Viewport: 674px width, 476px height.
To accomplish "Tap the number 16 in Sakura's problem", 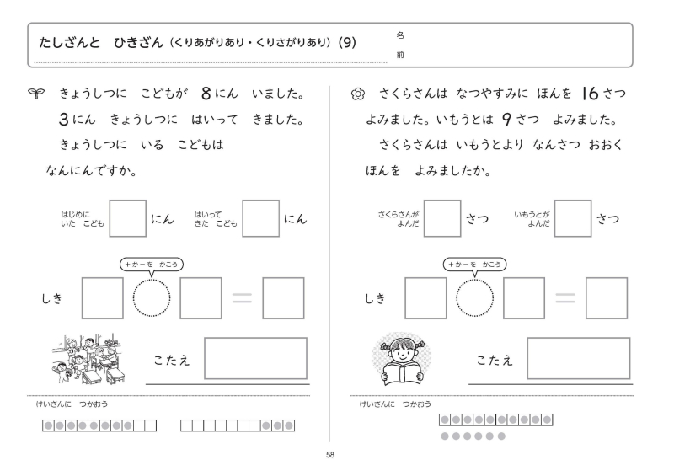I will [x=584, y=90].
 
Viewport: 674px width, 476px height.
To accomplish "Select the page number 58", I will [x=331, y=456].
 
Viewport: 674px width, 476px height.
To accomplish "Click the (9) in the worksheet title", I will [x=347, y=43].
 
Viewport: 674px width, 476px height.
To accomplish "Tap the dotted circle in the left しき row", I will [x=152, y=299].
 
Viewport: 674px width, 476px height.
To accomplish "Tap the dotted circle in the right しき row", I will [x=474, y=299].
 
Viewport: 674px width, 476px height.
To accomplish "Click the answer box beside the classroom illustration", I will [x=255, y=358].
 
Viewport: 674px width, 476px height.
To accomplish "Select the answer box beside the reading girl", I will [x=578, y=358].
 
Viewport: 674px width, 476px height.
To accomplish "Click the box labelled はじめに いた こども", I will [x=128, y=219].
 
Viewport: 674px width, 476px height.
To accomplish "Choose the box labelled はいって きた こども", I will [x=261, y=219].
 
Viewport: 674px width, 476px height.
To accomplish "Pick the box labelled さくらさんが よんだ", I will [x=442, y=219].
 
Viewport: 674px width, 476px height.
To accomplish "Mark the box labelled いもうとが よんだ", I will [x=572, y=219].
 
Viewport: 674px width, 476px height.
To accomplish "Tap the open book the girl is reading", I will [x=401, y=371].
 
